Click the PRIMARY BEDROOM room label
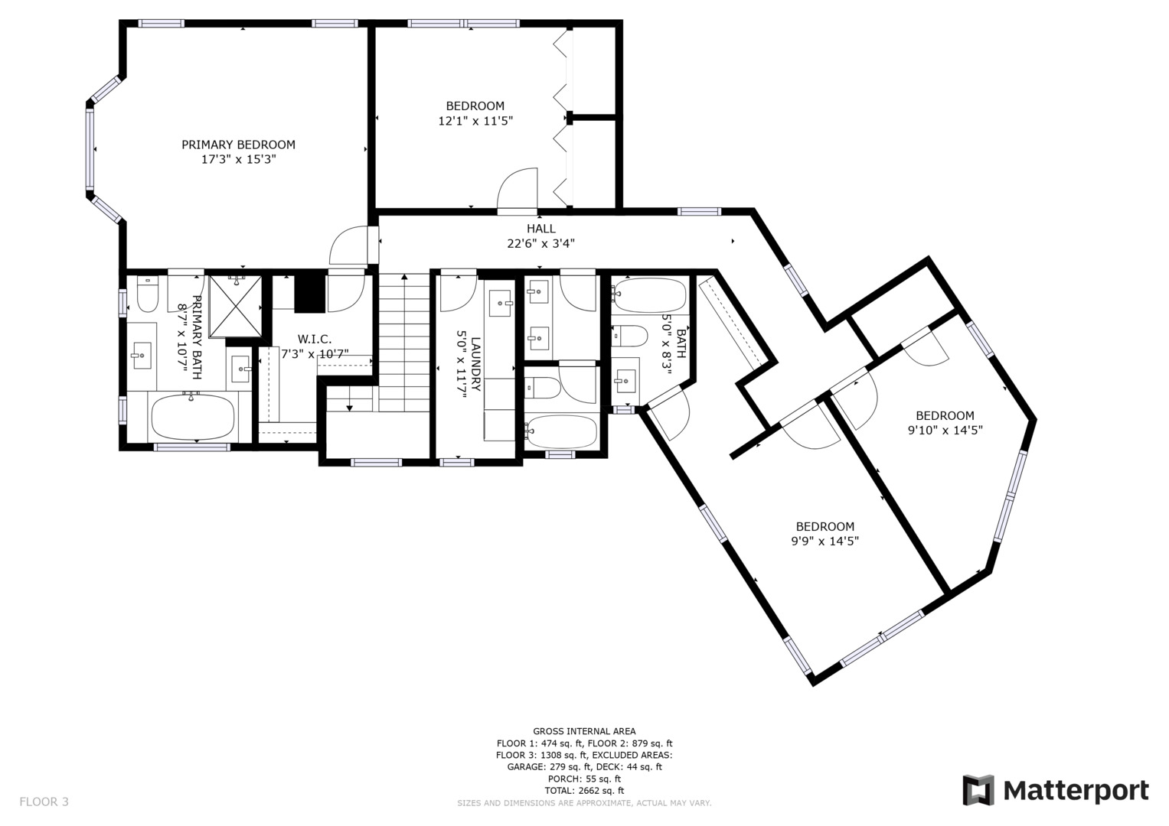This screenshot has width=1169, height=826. tap(238, 145)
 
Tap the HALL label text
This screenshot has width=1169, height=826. tap(540, 229)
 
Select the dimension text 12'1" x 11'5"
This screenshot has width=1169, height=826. tap(475, 121)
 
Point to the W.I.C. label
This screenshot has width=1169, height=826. tap(315, 339)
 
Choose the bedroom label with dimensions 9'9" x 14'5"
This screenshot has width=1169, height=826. tap(825, 527)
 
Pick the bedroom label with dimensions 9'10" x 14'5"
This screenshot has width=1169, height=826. tap(945, 416)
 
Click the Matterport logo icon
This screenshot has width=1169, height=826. tap(978, 790)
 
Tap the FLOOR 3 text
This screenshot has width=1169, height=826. tap(44, 802)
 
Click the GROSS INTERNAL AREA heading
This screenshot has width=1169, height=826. tap(584, 731)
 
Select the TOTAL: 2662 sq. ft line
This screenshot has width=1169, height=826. tap(584, 790)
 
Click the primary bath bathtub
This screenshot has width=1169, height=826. tap(192, 417)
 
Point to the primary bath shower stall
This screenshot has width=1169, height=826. tap(235, 306)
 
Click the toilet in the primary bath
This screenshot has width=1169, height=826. tap(146, 295)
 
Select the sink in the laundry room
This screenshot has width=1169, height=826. tap(501, 304)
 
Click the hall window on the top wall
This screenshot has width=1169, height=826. tap(699, 212)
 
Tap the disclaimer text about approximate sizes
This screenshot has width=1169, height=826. tap(584, 803)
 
